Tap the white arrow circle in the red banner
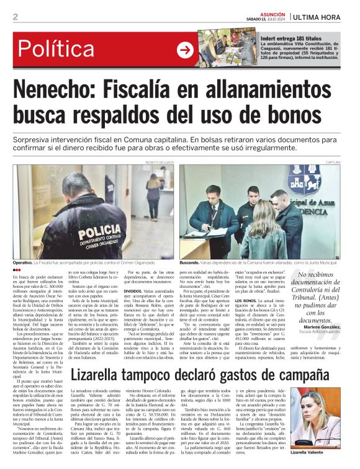pos(185,50)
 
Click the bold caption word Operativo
pos(25,264)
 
